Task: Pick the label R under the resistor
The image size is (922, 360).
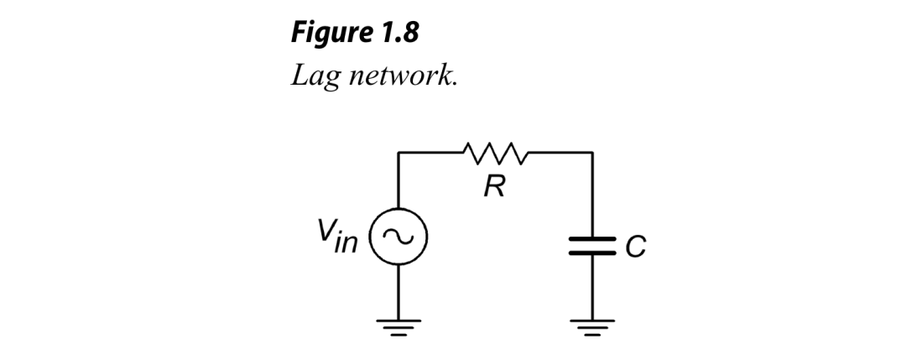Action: pyautogui.click(x=496, y=187)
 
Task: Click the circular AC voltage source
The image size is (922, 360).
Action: pyautogui.click(x=398, y=239)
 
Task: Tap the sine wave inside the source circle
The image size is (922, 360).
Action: pyautogui.click(x=398, y=239)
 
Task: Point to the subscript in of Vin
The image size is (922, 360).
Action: pyautogui.click(x=351, y=243)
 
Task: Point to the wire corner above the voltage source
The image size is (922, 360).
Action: pyautogui.click(x=398, y=153)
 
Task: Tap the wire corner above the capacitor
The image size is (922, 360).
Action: pyautogui.click(x=593, y=153)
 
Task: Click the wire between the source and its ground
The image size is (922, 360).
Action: pyautogui.click(x=398, y=290)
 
